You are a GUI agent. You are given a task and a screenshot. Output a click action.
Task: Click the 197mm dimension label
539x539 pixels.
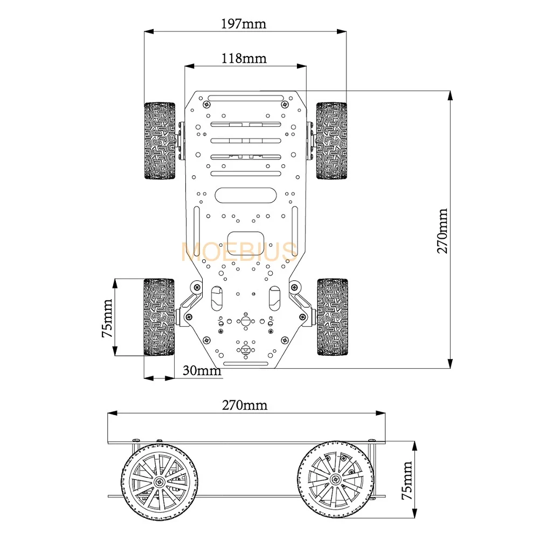[x=244, y=24]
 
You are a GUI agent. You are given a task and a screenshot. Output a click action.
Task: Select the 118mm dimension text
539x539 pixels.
[x=244, y=58]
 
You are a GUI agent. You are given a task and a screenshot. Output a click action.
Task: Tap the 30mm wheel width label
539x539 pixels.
[x=202, y=370]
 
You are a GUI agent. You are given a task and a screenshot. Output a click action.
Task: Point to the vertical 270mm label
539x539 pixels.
[x=443, y=231]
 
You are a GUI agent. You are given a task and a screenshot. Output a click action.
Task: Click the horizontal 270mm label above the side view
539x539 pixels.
[x=244, y=405]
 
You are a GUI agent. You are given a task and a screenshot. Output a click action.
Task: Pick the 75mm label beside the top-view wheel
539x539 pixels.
[x=107, y=318]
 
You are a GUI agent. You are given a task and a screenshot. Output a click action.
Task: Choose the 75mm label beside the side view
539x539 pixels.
[x=407, y=481]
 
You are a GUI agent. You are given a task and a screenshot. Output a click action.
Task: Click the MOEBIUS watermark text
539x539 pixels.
[x=239, y=252]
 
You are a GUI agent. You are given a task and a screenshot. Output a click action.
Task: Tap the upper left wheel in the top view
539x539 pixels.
[x=160, y=141]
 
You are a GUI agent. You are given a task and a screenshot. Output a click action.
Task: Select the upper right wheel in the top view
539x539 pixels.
[x=331, y=141]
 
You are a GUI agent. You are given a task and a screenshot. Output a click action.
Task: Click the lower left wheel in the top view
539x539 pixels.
[x=159, y=317]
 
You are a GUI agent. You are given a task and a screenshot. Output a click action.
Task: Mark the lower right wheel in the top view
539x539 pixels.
[x=333, y=317]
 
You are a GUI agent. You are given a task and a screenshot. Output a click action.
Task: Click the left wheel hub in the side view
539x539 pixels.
[x=159, y=481]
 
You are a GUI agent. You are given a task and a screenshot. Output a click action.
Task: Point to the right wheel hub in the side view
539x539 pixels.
[x=335, y=479]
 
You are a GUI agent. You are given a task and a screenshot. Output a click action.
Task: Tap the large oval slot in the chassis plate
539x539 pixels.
[x=245, y=195]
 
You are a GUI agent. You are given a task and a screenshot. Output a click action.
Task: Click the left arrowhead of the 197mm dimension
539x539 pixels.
[x=149, y=32]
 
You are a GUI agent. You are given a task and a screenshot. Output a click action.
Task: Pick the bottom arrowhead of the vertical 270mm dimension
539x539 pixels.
[x=450, y=364]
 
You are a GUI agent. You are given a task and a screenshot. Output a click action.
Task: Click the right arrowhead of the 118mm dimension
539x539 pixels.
[x=301, y=66]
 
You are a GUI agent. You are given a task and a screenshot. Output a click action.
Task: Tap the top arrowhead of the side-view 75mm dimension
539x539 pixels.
[x=414, y=446]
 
